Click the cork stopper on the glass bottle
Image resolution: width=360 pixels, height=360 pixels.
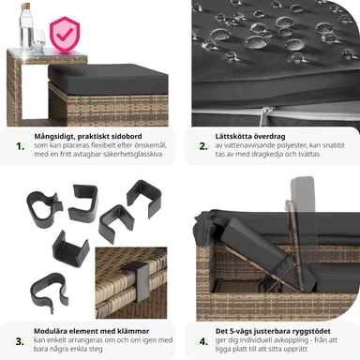coord(26,7)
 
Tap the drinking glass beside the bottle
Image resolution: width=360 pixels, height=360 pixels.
coord(38,40)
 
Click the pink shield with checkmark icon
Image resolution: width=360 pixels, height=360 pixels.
coord(65,34)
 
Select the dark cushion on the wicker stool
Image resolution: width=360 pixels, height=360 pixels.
coord(108,79)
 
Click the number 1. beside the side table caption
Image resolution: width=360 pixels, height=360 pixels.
coord(21,146)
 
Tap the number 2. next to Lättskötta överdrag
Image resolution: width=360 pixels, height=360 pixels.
coord(203,146)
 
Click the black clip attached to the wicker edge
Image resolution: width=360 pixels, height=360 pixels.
coord(138,280)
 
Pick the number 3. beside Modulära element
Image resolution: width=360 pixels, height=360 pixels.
coord(20,341)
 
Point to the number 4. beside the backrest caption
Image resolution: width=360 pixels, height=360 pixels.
coord(203,341)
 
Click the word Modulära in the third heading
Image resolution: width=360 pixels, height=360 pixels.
coord(51,331)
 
